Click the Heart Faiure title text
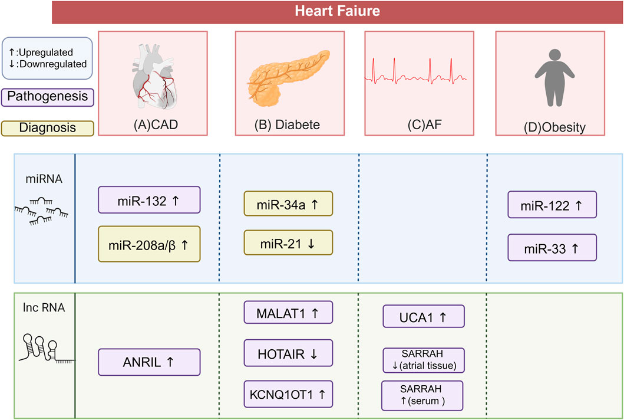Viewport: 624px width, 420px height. [338, 11]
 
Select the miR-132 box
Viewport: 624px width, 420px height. [149, 200]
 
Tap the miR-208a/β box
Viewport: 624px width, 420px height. [149, 244]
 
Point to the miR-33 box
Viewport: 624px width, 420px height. [552, 247]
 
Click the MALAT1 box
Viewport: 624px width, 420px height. [288, 312]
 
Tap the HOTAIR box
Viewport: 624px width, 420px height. [288, 353]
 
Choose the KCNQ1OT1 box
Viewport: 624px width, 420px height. [288, 394]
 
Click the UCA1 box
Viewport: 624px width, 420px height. [424, 316]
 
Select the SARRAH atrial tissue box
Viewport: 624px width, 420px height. [423, 360]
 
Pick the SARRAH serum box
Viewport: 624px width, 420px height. [422, 395]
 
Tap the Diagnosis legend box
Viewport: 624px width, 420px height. [48, 127]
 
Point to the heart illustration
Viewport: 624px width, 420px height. [151, 73]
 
